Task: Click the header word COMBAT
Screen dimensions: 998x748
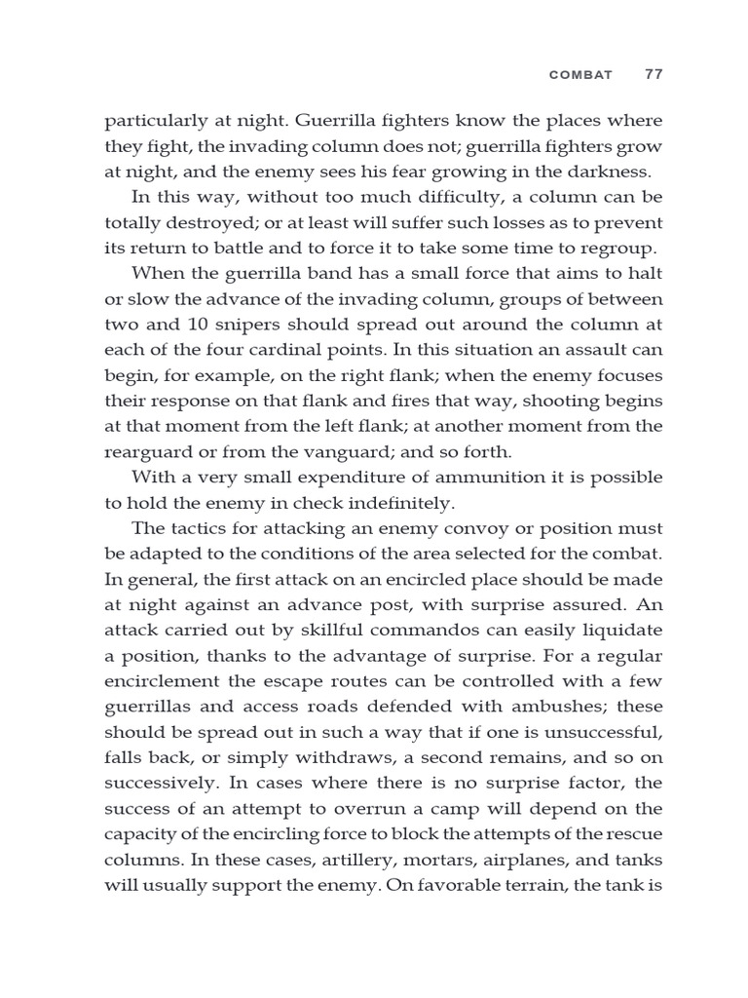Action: pos(582,75)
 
